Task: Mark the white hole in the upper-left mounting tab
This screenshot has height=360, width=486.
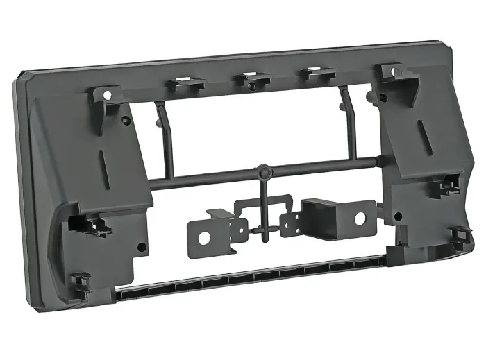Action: [108, 94]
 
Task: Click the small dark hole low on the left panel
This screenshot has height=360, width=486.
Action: [142, 246]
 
